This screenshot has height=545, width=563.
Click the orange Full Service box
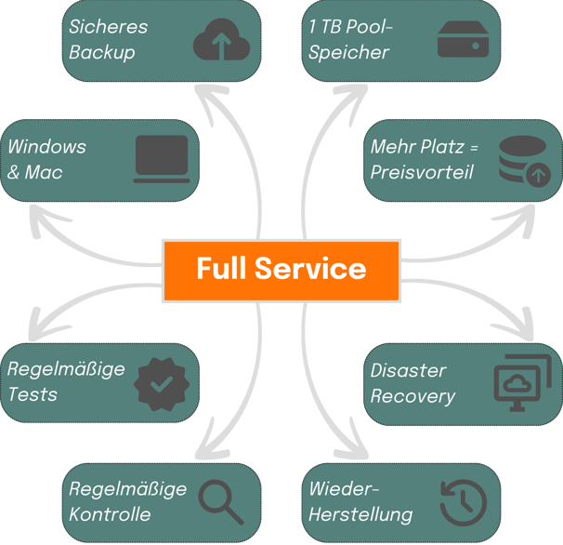click(281, 271)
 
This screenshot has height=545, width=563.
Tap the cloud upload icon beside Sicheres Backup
click(221, 40)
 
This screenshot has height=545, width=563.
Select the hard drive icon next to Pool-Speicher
click(464, 39)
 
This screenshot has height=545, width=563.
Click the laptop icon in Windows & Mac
click(162, 159)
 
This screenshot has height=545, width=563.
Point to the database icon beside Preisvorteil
click(525, 161)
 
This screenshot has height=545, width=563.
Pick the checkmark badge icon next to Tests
click(162, 384)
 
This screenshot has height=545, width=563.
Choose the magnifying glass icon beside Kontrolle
click(221, 502)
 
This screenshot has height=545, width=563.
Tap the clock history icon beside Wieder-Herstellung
click(464, 502)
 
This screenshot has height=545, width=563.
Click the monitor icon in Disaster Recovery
click(522, 383)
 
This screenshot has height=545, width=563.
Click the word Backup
click(102, 52)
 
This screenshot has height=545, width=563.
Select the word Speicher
click(348, 52)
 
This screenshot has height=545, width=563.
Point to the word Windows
click(46, 147)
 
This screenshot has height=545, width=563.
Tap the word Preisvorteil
click(422, 172)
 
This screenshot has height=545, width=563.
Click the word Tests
click(33, 394)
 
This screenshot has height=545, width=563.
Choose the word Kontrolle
click(110, 514)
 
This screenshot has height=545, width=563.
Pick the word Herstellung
click(360, 515)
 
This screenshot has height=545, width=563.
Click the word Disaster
click(408, 370)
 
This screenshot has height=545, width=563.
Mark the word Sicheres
click(108, 27)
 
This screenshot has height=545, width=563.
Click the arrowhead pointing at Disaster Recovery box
click(518, 326)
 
